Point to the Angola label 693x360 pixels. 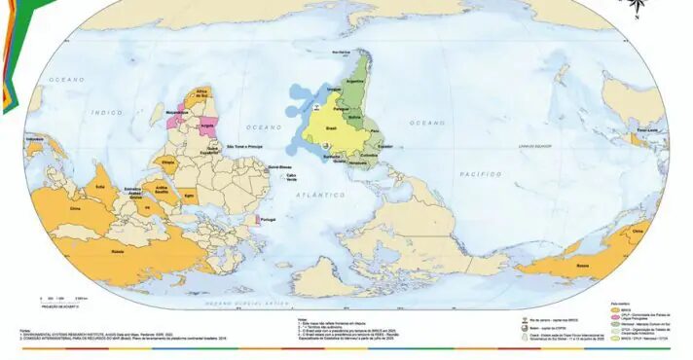pyautogui.click(x=207, y=126)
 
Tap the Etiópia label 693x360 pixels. pyautogui.click(x=167, y=162)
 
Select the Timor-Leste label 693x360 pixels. pyautogui.click(x=648, y=129)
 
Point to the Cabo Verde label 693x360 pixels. pyautogui.click(x=292, y=176)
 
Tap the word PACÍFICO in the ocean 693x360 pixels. pyautogui.click(x=481, y=173)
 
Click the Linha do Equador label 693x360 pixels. pyautogui.click(x=534, y=145)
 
